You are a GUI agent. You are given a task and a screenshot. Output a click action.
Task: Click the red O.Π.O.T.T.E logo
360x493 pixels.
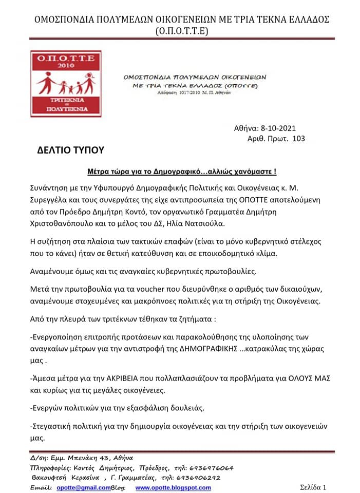pos(66,84)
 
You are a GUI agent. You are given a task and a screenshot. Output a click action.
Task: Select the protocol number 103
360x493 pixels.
pos(298,139)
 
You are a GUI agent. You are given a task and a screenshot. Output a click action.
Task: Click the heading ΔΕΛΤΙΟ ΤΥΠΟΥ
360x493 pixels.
pos(71,150)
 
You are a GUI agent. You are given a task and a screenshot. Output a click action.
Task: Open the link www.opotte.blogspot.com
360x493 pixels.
pos(173,487)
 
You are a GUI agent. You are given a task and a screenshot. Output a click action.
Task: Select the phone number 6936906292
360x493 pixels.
pos(204,478)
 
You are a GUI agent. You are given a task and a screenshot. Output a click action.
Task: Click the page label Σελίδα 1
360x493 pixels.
pos(313,487)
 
